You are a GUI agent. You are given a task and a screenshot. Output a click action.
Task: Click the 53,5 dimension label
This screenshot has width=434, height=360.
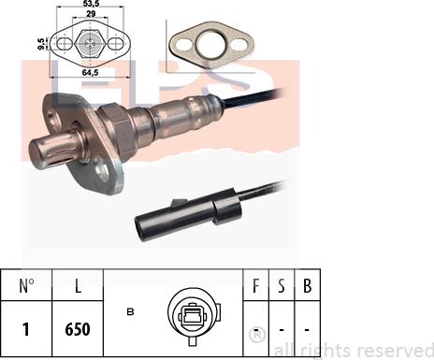coord(91,3)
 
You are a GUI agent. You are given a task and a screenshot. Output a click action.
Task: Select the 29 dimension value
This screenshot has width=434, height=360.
coord(91,14)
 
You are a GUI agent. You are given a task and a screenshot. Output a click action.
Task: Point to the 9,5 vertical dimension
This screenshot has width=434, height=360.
coord(40,44)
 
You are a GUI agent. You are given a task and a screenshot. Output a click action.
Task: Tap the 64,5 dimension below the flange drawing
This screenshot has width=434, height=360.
coord(91,72)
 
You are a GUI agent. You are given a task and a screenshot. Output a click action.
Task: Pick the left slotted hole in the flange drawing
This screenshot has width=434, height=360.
coord(65,44)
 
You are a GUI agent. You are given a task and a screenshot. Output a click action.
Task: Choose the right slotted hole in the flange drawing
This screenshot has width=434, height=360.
coord(116,44)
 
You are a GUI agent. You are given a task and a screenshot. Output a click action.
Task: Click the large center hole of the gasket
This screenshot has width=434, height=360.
coord(211,45)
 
